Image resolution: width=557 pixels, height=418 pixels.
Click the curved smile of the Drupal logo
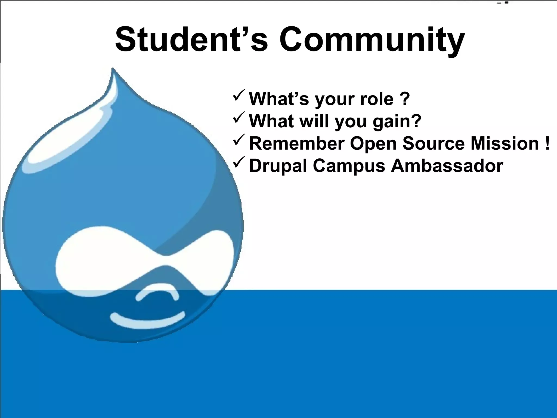tap(147, 320)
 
